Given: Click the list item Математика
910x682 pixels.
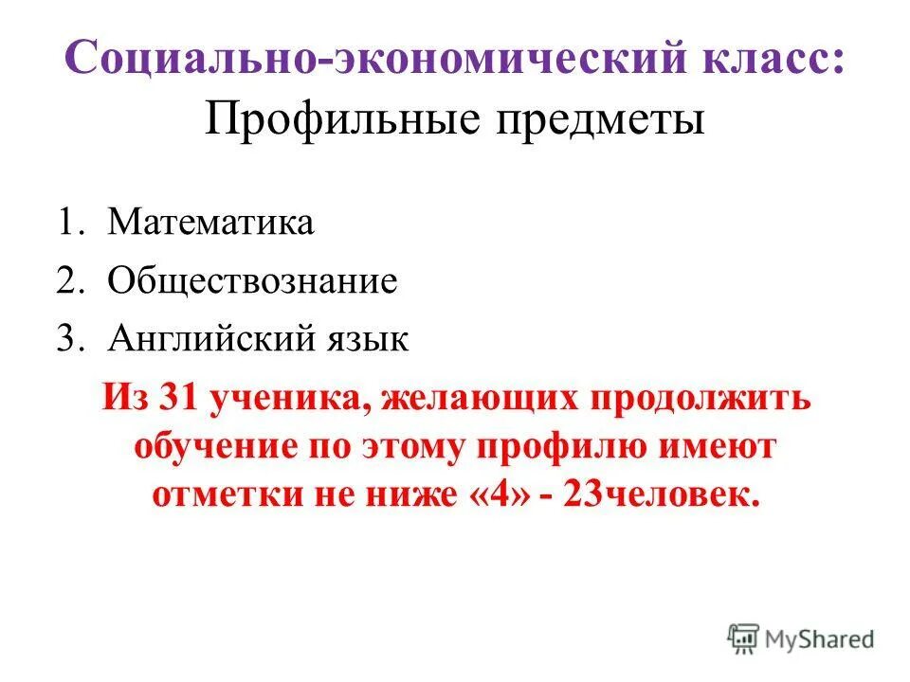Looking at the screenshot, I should pos(210,224).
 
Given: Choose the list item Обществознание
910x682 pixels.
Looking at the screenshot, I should pos(252,281).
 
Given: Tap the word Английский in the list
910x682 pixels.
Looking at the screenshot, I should pos(202,338).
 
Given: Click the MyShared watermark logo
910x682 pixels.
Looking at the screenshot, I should pos(802,638).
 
